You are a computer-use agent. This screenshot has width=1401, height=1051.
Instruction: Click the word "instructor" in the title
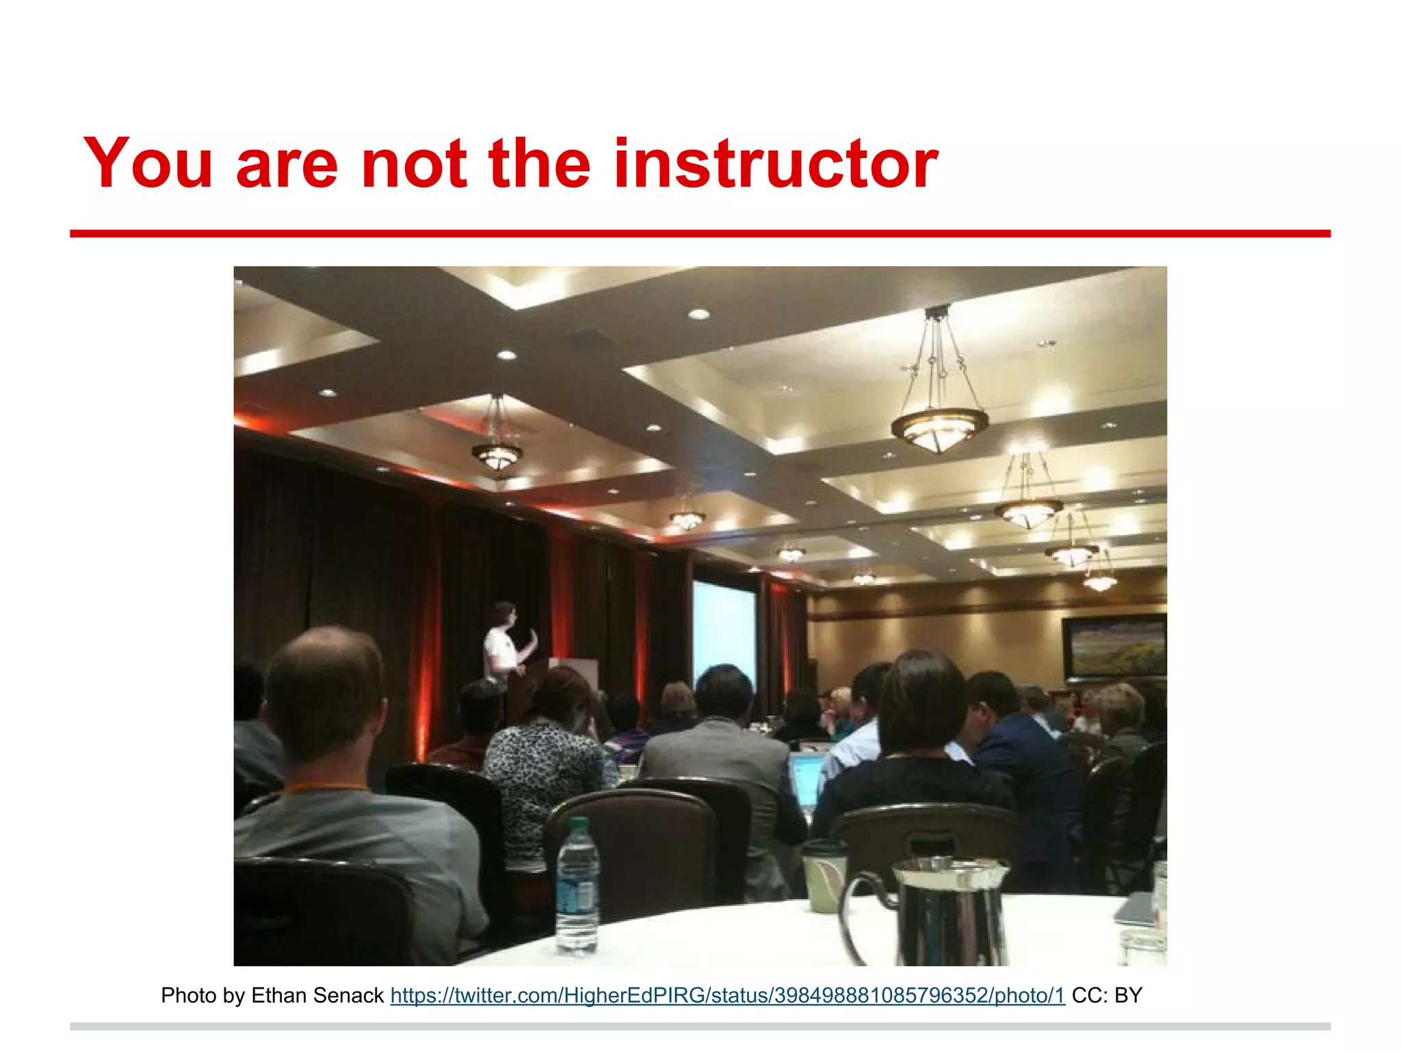click(776, 164)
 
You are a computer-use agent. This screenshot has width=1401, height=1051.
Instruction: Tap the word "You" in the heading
click(148, 164)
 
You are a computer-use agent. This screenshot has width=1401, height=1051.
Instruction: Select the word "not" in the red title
click(414, 164)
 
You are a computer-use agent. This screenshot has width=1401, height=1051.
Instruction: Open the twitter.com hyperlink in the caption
click(727, 996)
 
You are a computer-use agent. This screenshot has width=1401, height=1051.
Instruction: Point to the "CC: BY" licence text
click(1106, 996)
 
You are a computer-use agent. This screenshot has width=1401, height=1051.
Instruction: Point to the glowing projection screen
click(724, 633)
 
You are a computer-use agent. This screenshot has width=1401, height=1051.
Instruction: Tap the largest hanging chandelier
click(939, 424)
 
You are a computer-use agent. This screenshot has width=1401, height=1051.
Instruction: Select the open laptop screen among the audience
click(806, 780)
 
